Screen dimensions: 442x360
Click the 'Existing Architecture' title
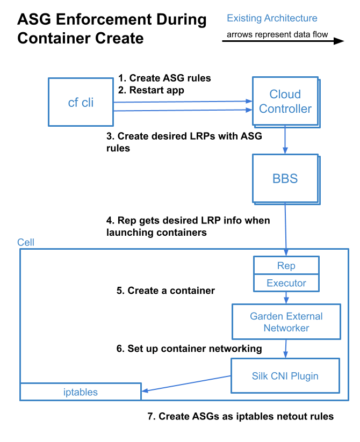coord(272,18)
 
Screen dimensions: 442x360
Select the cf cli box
coord(81,102)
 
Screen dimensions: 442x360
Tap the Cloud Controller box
coord(285,102)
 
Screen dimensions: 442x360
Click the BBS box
coord(285,179)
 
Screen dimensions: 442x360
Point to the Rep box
coord(286,265)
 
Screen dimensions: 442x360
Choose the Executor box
coord(286,283)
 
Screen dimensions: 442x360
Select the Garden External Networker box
coord(286,322)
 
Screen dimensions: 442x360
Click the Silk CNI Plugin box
coord(285,376)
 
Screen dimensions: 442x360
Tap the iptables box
coord(81,392)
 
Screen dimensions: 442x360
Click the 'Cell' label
coord(26,243)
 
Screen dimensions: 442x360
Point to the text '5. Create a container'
coord(165,291)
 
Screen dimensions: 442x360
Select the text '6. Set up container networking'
coord(189,349)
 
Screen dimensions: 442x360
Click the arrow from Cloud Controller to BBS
coord(285,141)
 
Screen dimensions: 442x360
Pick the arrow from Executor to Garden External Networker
coord(286,298)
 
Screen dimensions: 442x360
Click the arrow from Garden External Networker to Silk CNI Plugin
coord(285,349)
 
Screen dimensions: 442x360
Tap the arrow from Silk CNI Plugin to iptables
coord(186,383)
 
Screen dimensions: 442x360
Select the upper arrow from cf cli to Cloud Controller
coord(183,101)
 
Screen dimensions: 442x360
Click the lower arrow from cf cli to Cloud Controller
coord(183,110)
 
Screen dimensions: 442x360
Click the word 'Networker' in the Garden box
coord(286,328)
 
